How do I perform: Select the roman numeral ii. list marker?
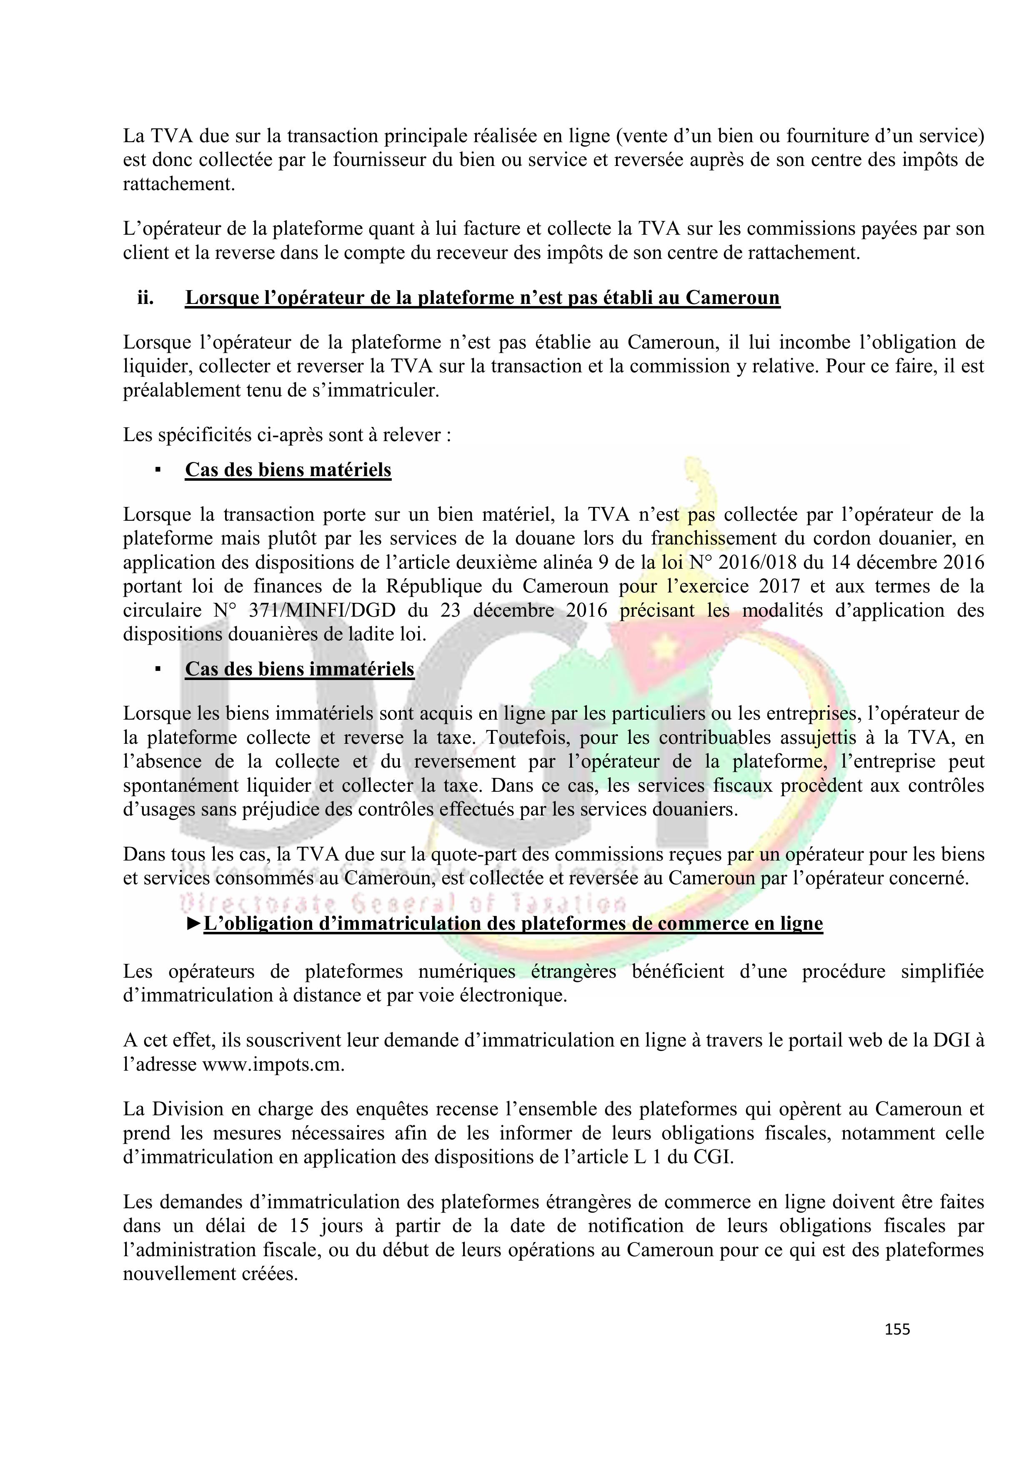coord(145,298)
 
